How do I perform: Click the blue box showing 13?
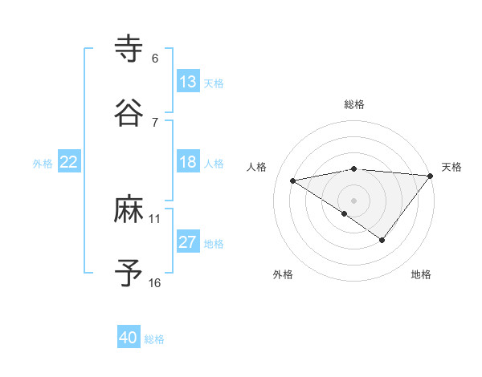coord(187,82)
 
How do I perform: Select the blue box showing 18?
coord(187,162)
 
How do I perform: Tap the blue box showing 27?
coord(187,242)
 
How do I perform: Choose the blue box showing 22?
coord(69,162)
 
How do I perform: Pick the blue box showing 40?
coord(129,338)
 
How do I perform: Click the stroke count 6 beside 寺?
coord(155,59)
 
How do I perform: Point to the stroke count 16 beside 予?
coord(155,282)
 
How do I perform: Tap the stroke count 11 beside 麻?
coord(155,218)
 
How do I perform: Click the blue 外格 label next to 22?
coord(43,164)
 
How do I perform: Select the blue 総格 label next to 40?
coord(154,339)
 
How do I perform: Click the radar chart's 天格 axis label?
coord(451,167)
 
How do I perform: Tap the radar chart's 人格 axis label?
coord(257,167)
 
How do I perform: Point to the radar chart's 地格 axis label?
coord(421,274)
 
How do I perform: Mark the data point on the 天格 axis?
coord(431,176)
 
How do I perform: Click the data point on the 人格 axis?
coord(293,180)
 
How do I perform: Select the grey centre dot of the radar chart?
coord(354,200)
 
